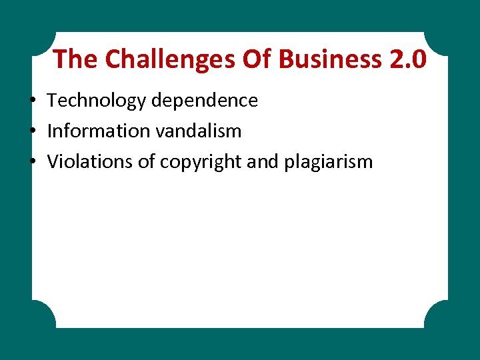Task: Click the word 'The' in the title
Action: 75,59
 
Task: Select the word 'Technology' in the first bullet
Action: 97,101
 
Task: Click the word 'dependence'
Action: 204,101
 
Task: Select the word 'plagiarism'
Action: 328,162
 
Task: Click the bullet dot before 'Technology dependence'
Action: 33,101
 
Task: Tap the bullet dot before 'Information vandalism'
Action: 33,131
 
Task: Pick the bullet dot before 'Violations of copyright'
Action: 33,162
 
